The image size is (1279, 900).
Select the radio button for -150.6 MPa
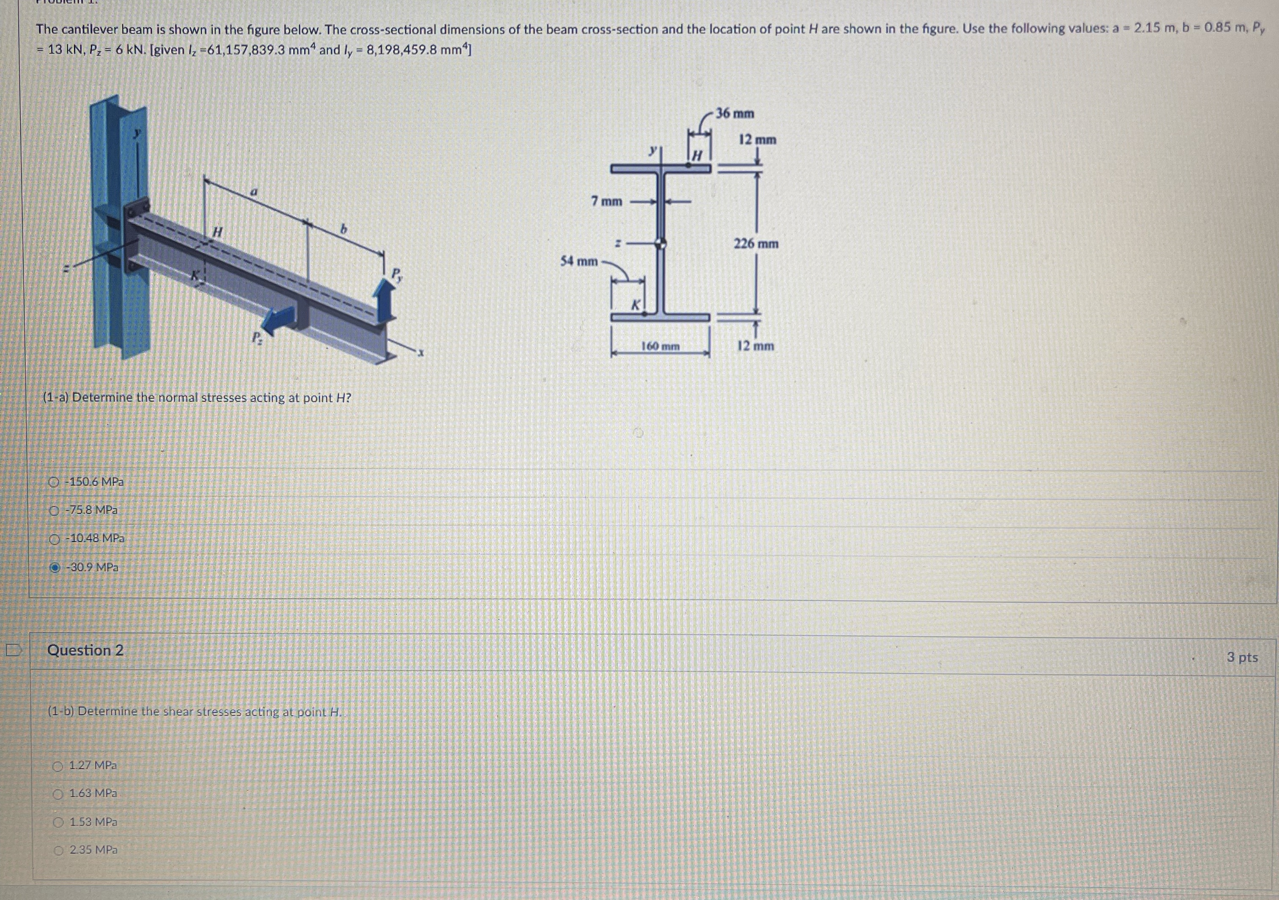54,482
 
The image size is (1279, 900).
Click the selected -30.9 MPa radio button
55,568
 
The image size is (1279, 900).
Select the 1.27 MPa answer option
58,766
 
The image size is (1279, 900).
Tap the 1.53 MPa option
58,823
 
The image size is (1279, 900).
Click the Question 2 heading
85,650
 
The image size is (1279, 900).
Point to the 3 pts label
1242,658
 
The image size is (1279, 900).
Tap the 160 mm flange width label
660,346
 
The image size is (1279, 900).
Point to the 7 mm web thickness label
607,201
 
